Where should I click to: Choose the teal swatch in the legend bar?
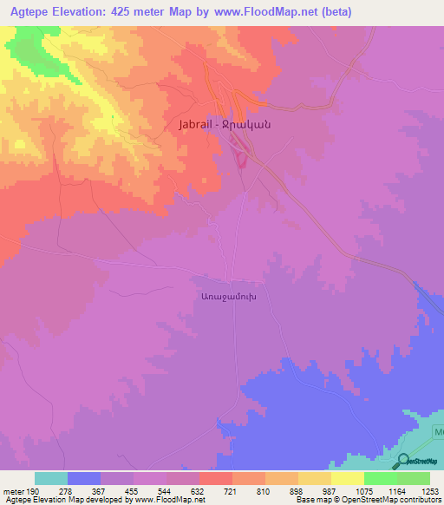pos(51,478)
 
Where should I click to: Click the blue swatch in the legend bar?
pos(84,478)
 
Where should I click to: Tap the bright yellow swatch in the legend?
pos(347,478)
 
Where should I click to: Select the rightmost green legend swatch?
pos(413,478)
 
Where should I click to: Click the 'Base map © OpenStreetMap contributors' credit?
pos(367,500)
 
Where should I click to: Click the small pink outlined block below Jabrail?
pos(241,159)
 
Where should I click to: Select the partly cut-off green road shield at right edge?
pos(439,431)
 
